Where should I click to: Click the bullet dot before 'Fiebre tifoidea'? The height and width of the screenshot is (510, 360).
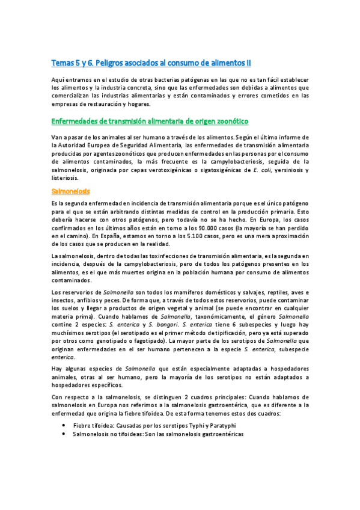click(x=64, y=425)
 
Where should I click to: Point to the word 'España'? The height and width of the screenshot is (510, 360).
click(x=79, y=236)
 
